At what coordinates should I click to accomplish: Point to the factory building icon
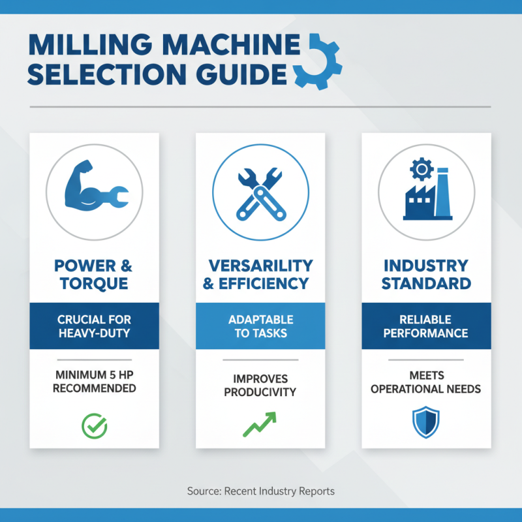427,196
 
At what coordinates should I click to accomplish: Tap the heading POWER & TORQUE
94,275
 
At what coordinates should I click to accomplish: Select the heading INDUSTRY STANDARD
426,275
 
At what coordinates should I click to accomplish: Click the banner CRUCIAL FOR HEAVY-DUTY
94,326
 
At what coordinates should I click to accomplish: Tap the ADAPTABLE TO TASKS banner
260,326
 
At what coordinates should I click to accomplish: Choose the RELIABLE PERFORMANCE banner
426,326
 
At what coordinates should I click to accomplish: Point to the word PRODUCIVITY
260,392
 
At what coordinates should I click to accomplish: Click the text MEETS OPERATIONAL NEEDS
426,382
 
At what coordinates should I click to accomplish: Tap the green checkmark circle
94,425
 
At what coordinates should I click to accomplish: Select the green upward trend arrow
259,423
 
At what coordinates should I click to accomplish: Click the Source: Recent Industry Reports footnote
261,491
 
